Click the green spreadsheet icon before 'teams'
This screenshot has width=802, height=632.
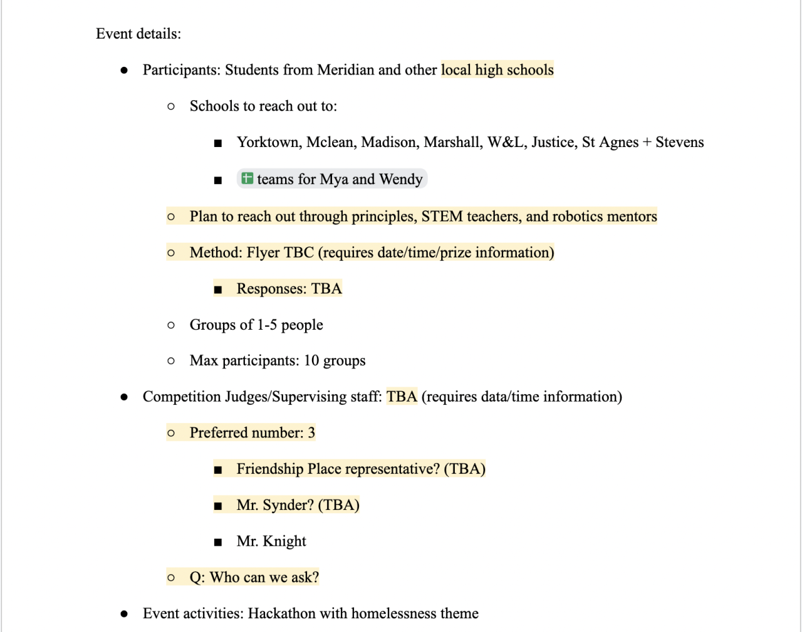pos(247,178)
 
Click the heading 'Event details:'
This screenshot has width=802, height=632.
pos(138,34)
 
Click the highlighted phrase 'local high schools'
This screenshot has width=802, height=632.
pos(497,70)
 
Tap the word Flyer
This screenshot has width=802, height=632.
pos(263,253)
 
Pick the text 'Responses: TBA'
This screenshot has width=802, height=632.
pos(289,288)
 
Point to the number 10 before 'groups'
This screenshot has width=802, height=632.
pos(311,361)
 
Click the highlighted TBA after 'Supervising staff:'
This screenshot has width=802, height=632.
pos(402,397)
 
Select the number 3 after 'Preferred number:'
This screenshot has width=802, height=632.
pos(311,433)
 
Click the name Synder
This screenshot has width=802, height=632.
pos(288,506)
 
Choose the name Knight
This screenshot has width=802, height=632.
pos(284,542)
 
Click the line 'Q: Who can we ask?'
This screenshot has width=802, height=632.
pos(254,578)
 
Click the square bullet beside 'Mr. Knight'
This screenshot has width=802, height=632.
pos(218,543)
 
